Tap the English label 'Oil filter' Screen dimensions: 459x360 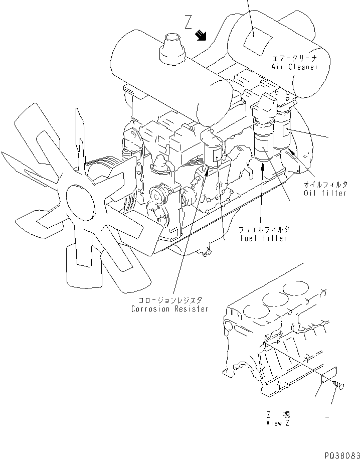coord(325,193)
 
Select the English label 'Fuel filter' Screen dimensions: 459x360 coord(263,238)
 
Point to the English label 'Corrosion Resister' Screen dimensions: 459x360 coord(169,309)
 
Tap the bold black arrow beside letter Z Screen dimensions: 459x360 coord(202,35)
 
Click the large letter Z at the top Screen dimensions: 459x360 coord(188,22)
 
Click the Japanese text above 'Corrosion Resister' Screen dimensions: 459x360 coord(169,300)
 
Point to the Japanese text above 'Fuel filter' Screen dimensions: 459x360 coord(263,229)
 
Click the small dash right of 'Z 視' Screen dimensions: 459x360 coord(327,416)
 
